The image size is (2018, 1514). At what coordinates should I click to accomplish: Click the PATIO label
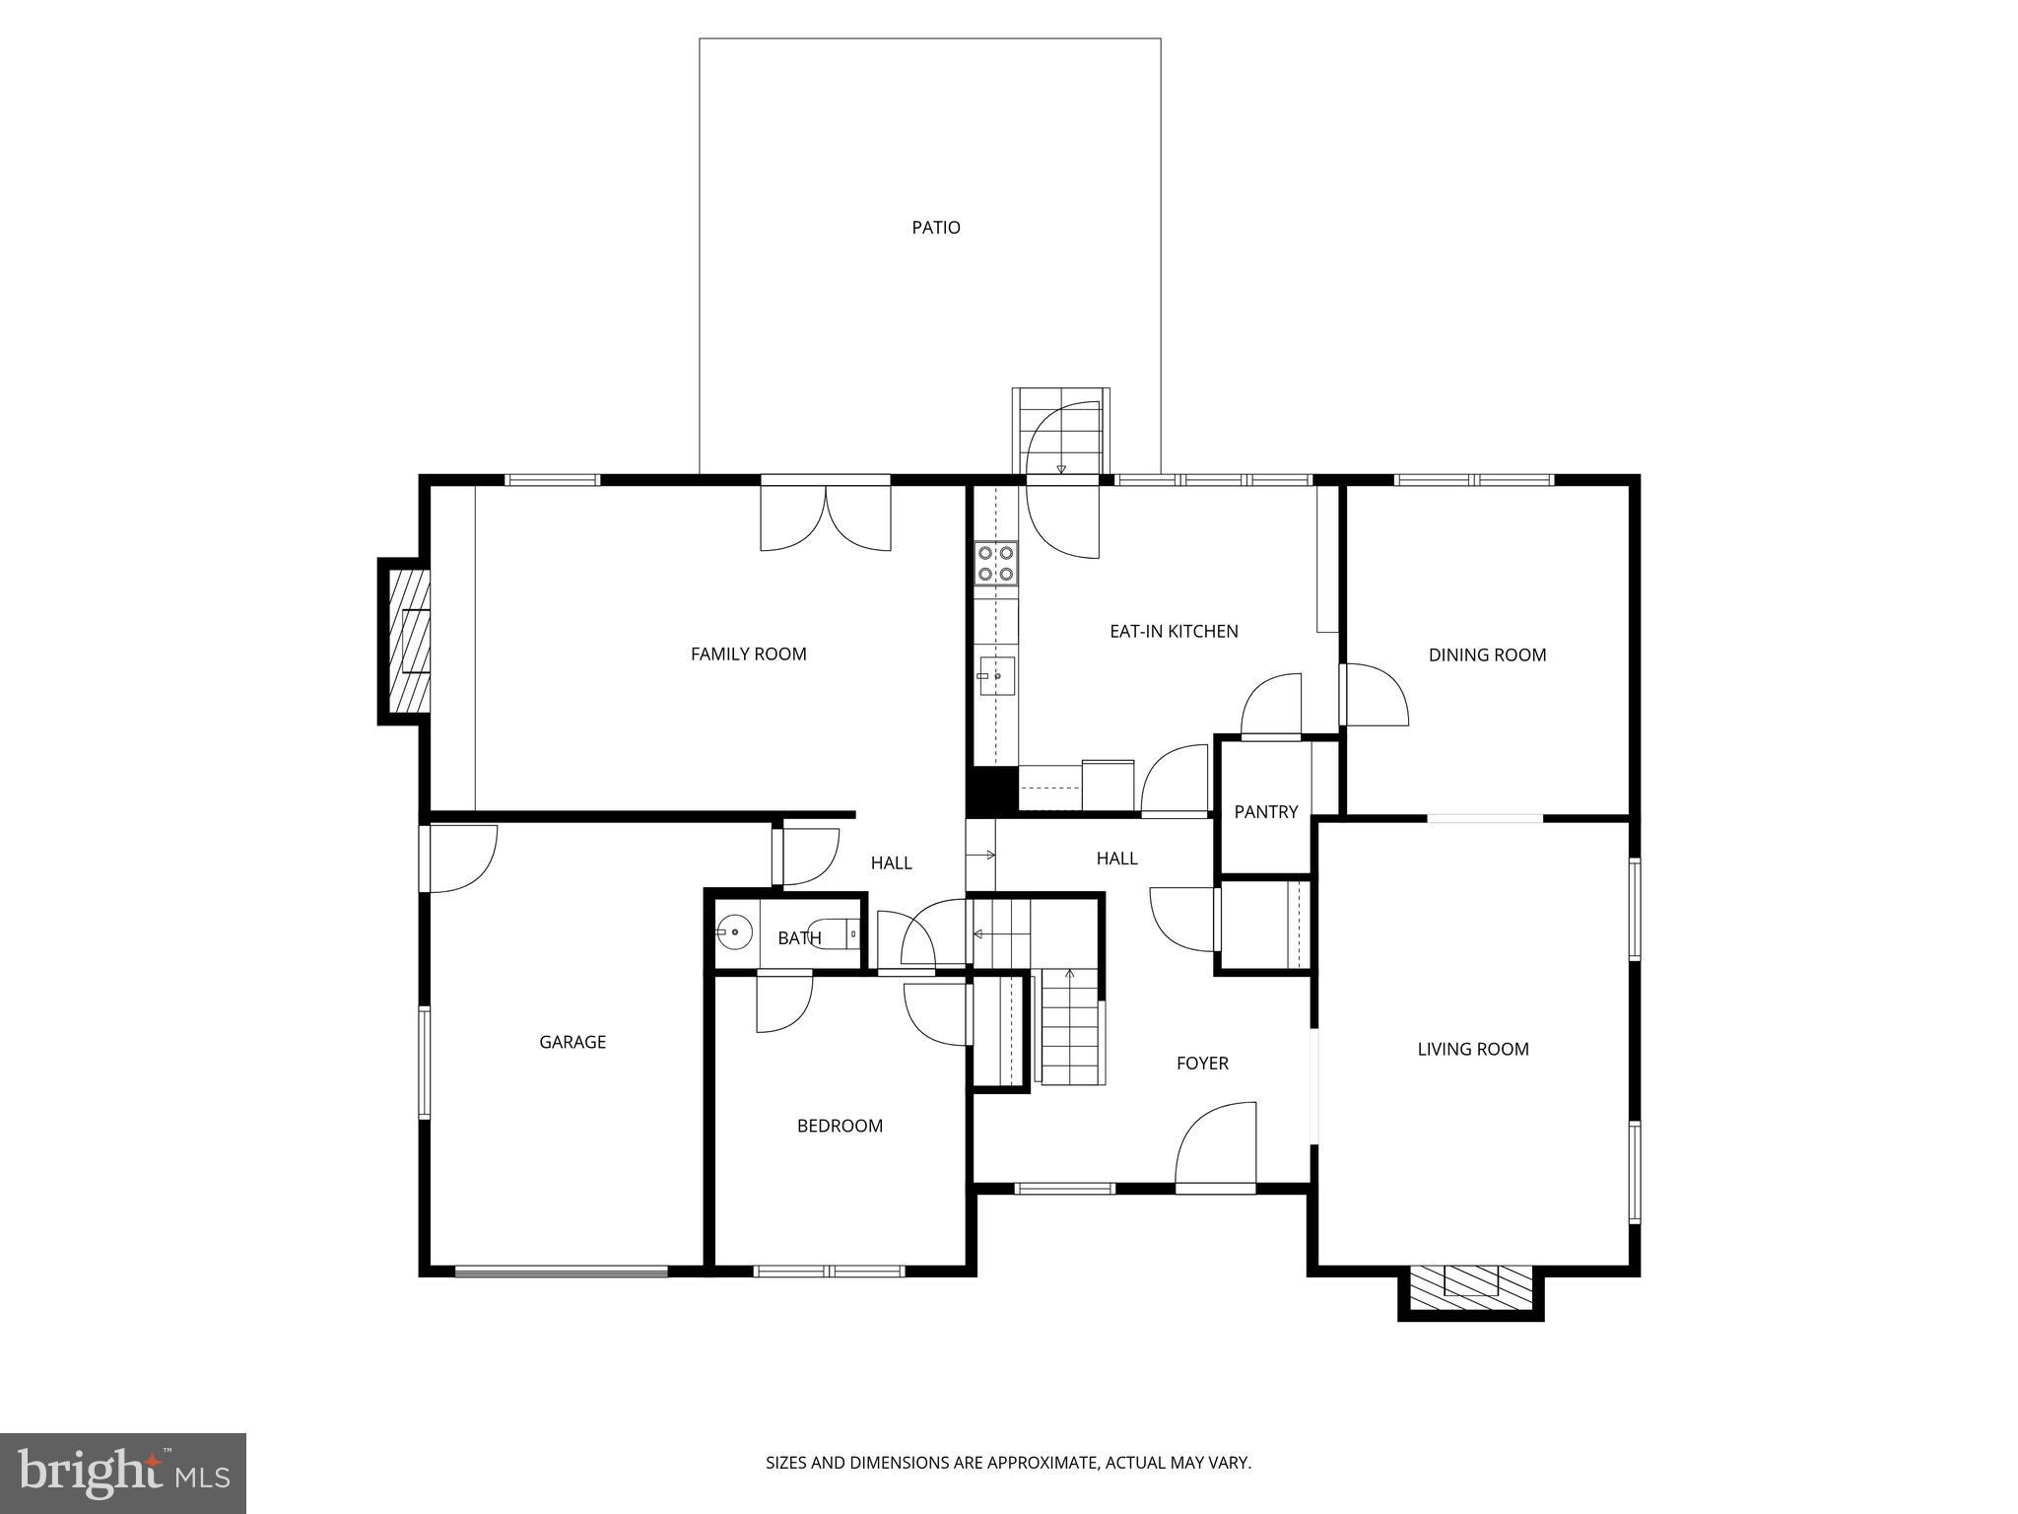(935, 228)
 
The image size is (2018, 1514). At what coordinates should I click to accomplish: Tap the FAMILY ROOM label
(748, 654)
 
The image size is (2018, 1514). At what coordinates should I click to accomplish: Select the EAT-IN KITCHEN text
(1174, 631)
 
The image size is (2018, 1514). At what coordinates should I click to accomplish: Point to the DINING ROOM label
(1487, 654)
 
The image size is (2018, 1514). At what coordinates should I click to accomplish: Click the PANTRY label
(1265, 811)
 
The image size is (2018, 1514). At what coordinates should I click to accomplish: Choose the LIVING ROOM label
(1472, 1049)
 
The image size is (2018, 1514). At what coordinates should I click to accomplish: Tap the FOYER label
(1202, 1063)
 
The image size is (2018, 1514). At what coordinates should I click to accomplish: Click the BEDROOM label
(840, 1126)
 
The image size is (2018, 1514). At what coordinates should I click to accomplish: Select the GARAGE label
(572, 1042)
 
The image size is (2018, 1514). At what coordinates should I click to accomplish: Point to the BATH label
(799, 937)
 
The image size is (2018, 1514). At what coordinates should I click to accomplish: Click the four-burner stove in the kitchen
(996, 563)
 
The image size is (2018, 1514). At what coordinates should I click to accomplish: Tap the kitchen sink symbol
(997, 676)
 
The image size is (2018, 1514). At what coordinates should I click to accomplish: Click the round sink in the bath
(734, 931)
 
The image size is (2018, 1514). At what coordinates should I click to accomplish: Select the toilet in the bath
(842, 932)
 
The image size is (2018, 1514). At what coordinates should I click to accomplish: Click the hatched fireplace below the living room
(1470, 1289)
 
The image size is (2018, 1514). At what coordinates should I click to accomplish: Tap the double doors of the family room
(826, 516)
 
